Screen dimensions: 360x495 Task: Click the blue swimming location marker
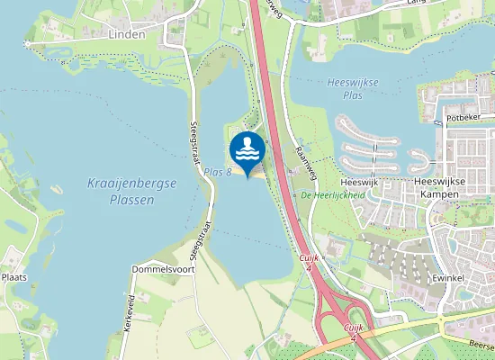tap(247, 148)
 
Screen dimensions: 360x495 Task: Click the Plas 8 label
tap(219, 171)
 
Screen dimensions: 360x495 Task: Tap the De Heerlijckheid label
tap(332, 195)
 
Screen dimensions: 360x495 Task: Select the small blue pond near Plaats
tap(16, 227)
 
